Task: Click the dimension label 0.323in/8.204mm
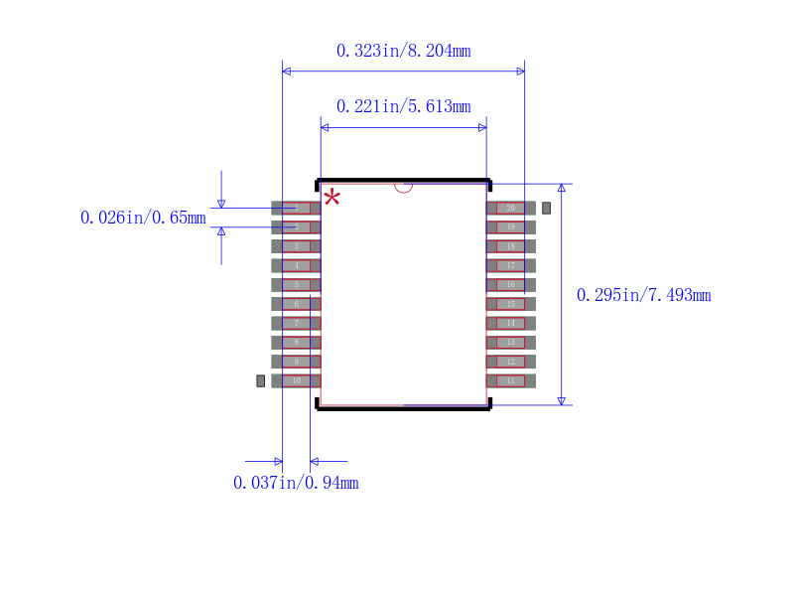click(x=403, y=51)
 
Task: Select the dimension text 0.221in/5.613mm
click(x=403, y=106)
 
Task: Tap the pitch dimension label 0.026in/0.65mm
click(x=143, y=218)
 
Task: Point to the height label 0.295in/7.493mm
click(x=643, y=295)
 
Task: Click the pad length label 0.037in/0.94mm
click(x=296, y=483)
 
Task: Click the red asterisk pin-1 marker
click(x=331, y=197)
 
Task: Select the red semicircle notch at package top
click(x=403, y=186)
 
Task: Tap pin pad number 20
click(x=510, y=208)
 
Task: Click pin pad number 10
click(x=296, y=380)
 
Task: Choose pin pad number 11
click(x=510, y=380)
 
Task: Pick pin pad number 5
click(x=296, y=284)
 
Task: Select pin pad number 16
click(x=510, y=284)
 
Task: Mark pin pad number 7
click(x=296, y=323)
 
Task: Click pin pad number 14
click(x=510, y=323)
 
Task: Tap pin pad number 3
click(x=296, y=246)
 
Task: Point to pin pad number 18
click(x=510, y=246)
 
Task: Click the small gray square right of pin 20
click(x=546, y=208)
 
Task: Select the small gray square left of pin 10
click(x=261, y=380)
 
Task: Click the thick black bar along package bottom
click(x=403, y=407)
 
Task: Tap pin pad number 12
click(x=510, y=362)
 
